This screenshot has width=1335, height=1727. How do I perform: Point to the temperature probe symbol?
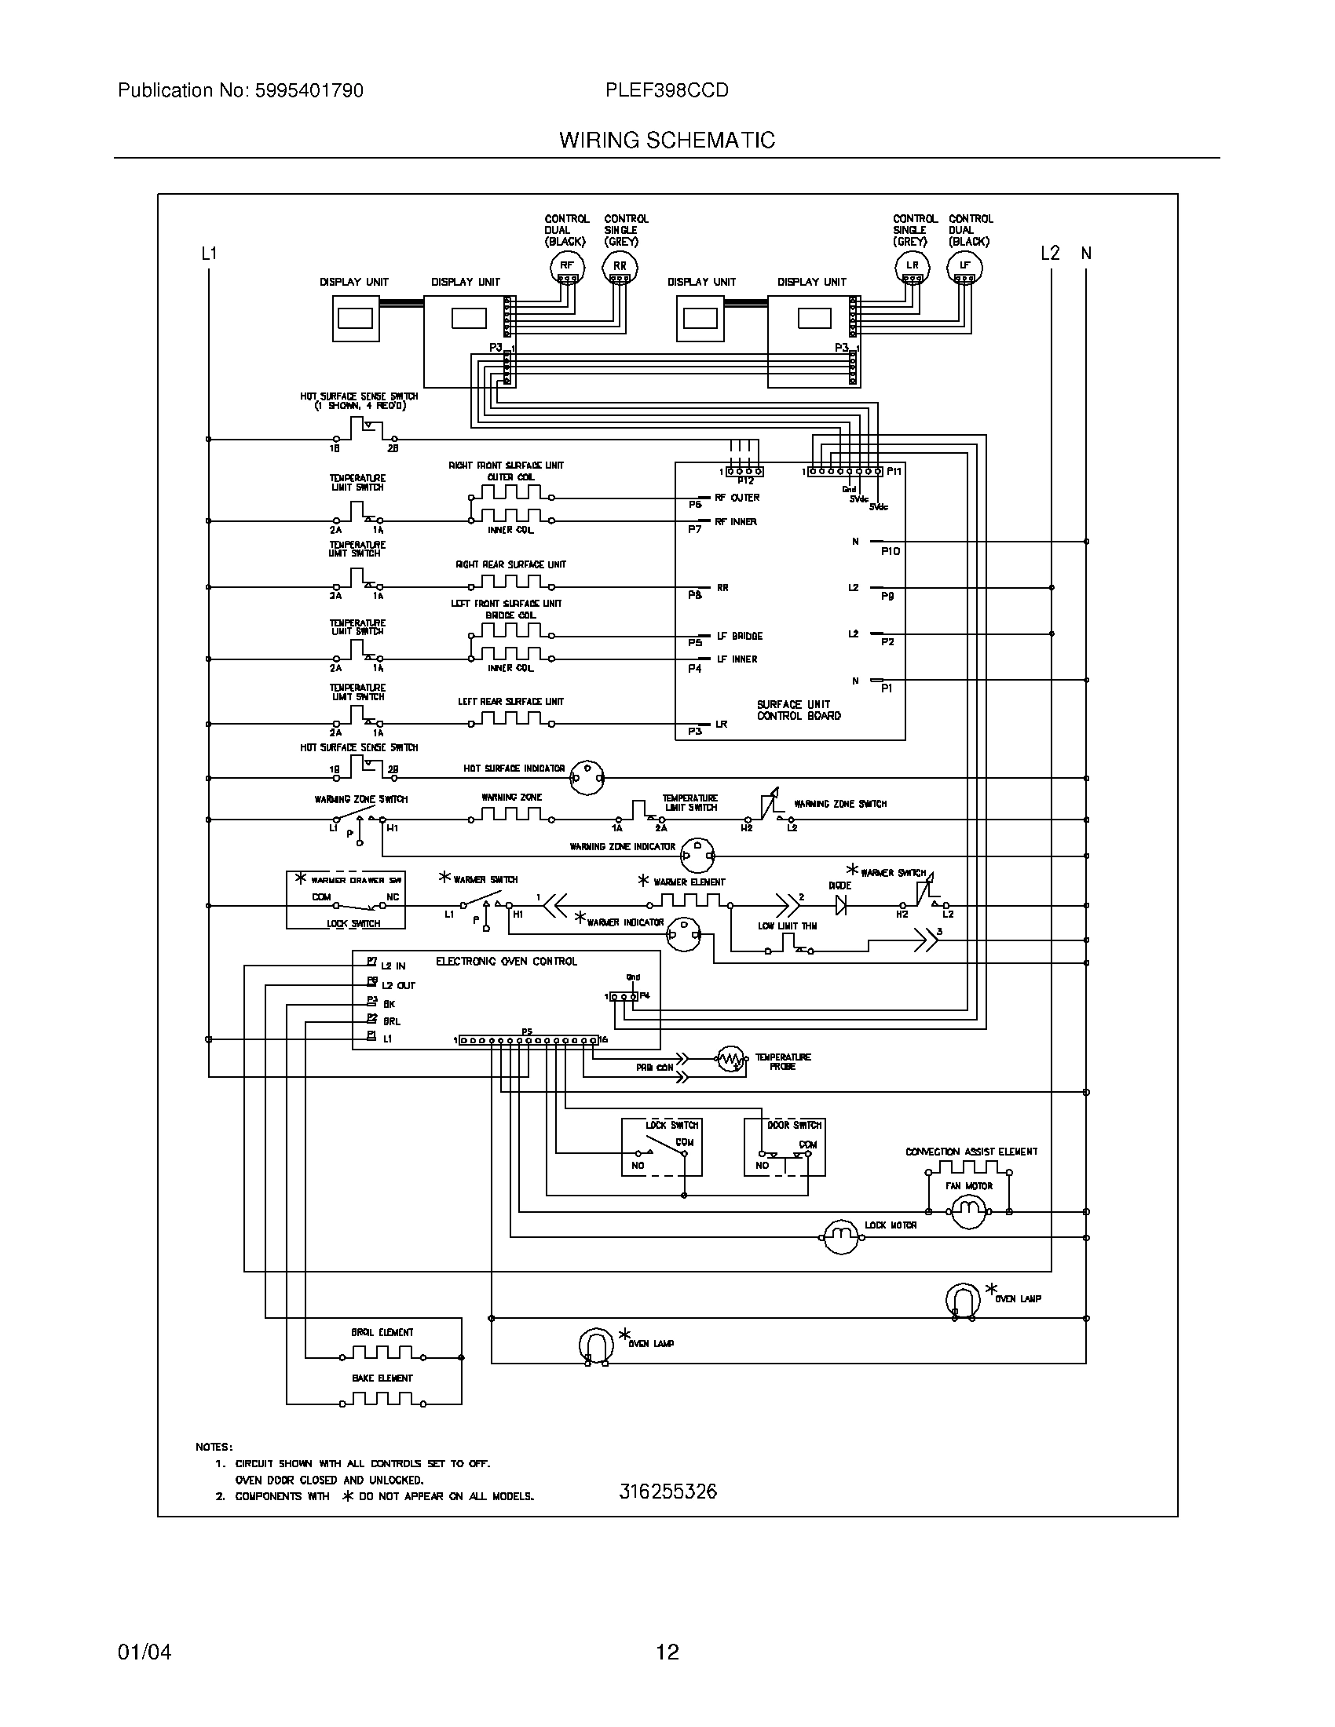point(732,1059)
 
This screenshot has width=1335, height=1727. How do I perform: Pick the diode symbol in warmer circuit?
point(841,904)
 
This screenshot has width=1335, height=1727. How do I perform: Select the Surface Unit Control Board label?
point(798,710)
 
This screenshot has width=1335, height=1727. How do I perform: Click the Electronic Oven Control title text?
point(507,962)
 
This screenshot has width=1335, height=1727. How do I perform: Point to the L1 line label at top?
point(209,254)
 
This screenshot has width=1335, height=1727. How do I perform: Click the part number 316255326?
point(667,1491)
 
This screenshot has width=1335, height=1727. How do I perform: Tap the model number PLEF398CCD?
point(667,90)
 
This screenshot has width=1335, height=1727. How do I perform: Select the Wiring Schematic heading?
point(667,140)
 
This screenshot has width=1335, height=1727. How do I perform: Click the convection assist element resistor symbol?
point(968,1168)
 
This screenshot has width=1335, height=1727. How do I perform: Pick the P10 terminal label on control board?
point(890,551)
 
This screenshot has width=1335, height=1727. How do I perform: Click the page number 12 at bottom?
point(667,1652)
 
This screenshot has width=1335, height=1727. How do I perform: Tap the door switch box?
point(785,1147)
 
